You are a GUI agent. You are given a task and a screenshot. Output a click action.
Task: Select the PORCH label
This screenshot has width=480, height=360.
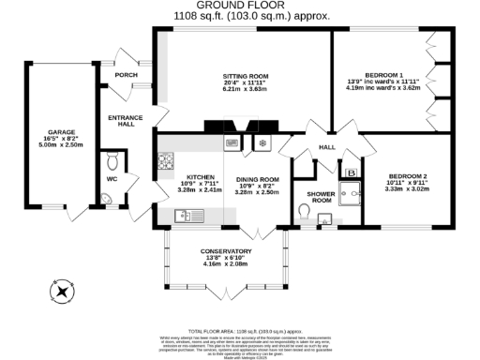126,75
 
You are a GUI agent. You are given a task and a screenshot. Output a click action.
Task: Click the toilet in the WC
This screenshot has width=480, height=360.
112,157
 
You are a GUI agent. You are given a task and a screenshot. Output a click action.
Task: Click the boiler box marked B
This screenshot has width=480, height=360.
351,172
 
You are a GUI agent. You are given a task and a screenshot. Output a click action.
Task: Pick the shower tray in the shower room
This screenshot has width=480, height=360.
349,194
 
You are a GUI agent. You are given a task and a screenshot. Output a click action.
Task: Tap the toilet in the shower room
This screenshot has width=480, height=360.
306,215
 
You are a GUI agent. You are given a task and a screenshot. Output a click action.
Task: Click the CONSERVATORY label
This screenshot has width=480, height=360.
226,251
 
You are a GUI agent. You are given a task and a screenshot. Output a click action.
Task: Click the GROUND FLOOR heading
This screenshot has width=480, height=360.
239,6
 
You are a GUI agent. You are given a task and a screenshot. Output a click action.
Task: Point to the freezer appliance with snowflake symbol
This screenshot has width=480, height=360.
262,143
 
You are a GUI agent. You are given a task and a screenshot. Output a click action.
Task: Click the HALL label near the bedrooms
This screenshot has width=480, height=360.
327,147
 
